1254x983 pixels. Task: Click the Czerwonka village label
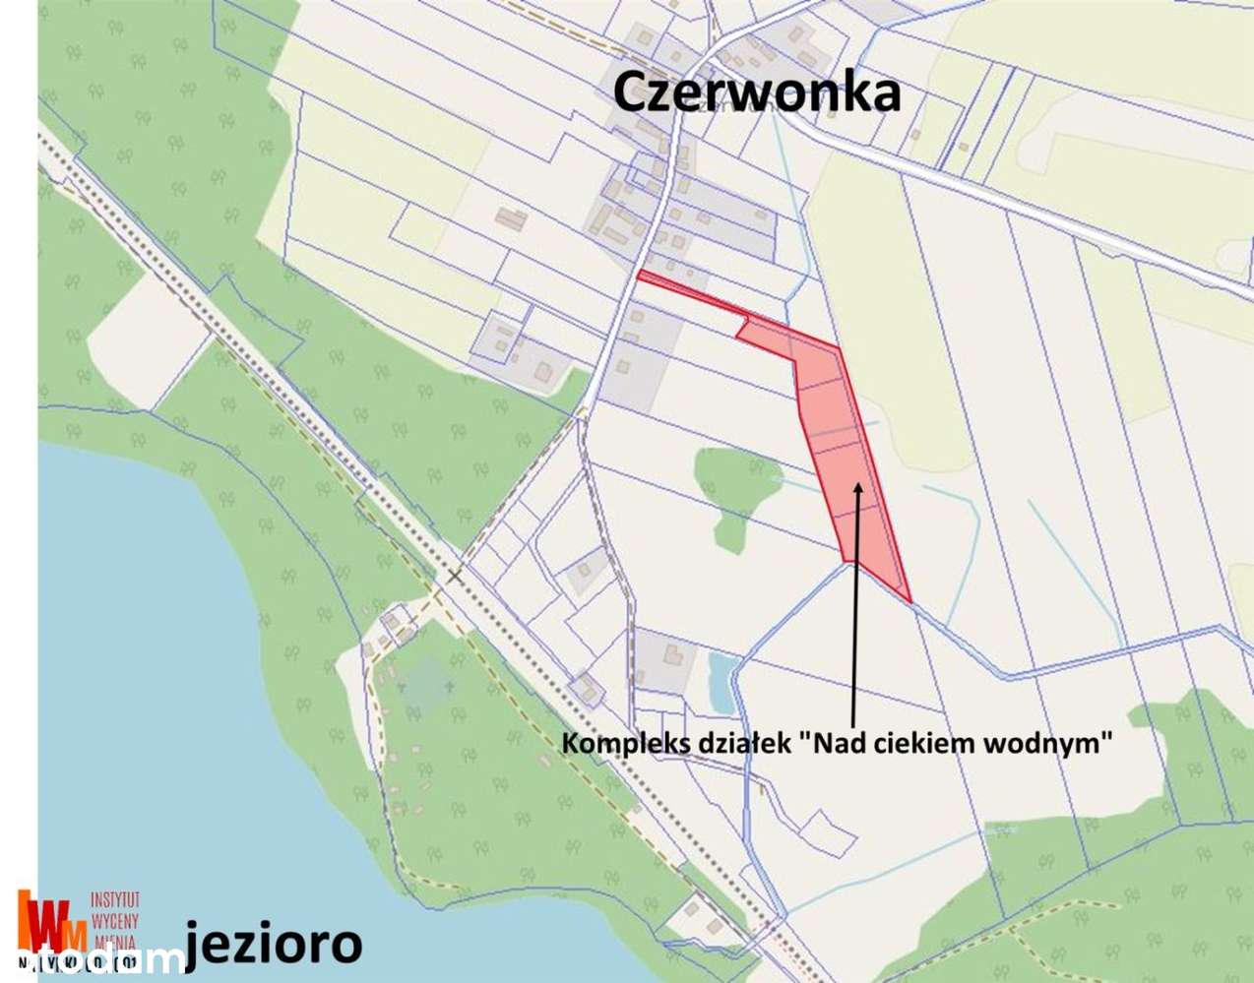click(x=756, y=92)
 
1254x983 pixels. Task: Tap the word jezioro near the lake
click(x=273, y=942)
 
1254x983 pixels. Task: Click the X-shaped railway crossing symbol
click(x=454, y=576)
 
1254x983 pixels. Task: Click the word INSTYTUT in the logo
click(x=115, y=899)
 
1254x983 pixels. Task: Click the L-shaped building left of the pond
click(x=673, y=658)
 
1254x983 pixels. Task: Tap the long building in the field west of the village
click(x=510, y=216)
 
